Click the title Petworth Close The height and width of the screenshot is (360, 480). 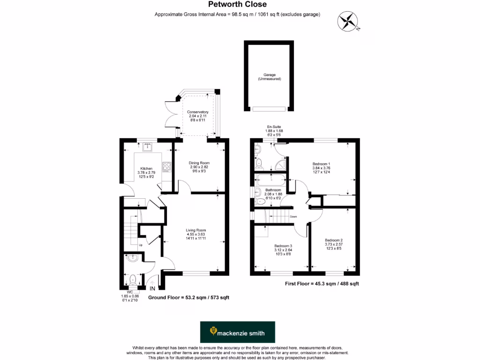(x=237, y=5)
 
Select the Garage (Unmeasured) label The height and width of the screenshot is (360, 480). (x=269, y=77)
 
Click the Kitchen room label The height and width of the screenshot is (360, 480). (x=146, y=172)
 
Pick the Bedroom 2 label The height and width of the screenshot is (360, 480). (x=334, y=244)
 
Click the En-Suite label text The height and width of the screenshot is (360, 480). (x=275, y=131)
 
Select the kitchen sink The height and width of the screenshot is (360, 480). (x=148, y=146)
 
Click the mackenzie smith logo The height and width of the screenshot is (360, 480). (x=237, y=332)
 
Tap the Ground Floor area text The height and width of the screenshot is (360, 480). (x=188, y=298)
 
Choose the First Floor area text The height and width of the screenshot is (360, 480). (x=322, y=284)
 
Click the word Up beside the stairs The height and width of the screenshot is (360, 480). (x=140, y=245)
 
